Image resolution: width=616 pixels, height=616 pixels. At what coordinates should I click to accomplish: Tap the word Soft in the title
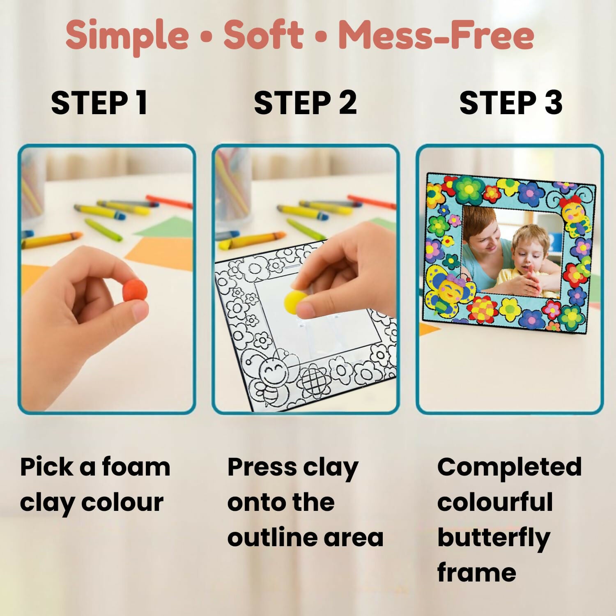263,35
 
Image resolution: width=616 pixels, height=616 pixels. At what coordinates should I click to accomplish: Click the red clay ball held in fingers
135,291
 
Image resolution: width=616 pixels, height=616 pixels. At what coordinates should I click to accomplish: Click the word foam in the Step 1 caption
136,467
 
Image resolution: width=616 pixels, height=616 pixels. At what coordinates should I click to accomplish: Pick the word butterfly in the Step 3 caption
493,538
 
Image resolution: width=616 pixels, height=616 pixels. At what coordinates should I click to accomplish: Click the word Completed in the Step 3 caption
509,467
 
